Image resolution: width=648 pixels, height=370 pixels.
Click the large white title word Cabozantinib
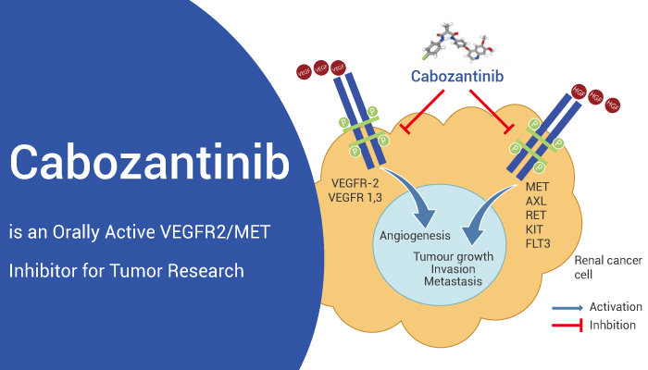(149, 163)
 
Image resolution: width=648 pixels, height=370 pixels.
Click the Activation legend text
(614, 307)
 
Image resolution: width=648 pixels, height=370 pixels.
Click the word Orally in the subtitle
(81, 230)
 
